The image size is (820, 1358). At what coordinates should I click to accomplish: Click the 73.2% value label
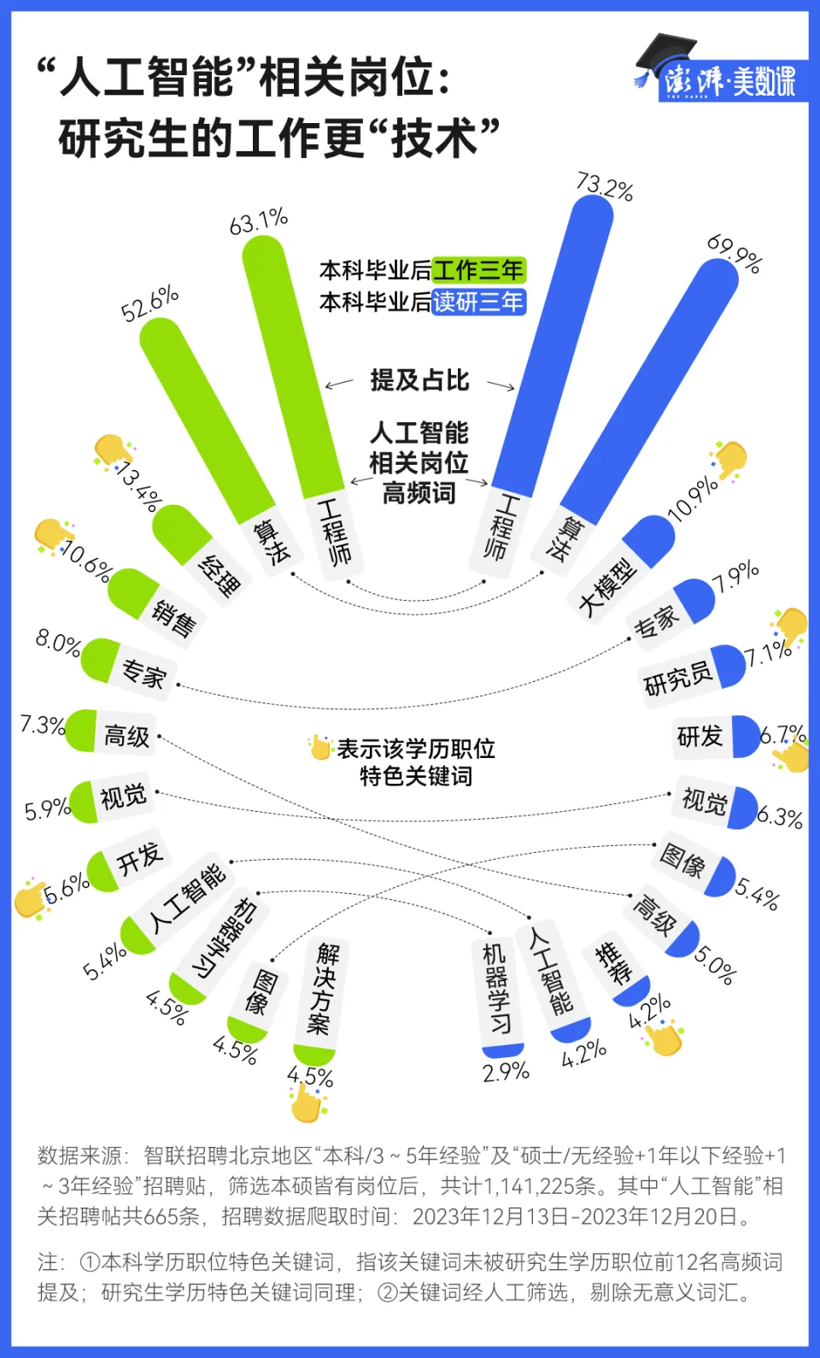coord(605,186)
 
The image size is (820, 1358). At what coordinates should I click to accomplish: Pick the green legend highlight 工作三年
coord(479,270)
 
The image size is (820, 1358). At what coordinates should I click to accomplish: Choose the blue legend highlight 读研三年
coord(479,302)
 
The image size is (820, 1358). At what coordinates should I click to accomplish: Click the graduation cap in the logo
coord(665,56)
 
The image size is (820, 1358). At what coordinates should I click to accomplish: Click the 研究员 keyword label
coord(677,677)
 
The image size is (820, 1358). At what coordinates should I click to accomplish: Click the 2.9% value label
coord(506,1072)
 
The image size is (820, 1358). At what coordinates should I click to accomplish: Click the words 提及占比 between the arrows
coord(419,380)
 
